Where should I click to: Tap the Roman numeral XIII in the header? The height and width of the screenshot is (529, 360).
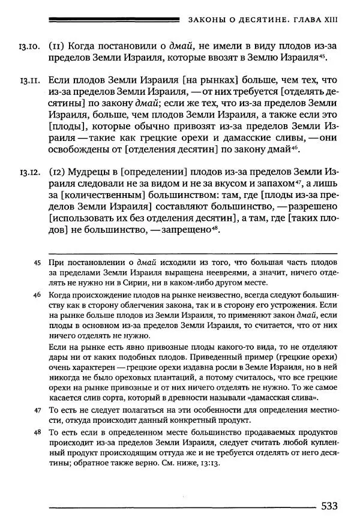click(x=329, y=19)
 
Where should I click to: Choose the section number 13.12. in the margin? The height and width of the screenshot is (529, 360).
click(x=30, y=175)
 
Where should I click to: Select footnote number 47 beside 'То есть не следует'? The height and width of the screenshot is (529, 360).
click(x=37, y=410)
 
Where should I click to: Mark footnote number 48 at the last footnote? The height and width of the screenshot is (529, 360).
click(x=37, y=432)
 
